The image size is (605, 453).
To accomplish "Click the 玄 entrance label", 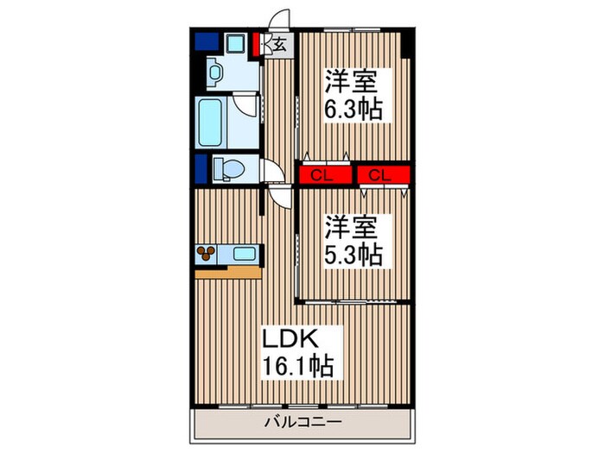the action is pos(280,46).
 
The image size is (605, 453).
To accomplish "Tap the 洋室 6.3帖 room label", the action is pos(353,95).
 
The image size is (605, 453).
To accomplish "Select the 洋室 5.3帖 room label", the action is pos(353,240).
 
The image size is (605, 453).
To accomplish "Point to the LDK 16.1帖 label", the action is pos(297,353).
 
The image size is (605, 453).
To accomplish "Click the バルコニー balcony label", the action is pos(302,423).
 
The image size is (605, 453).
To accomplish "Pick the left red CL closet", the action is pos(325,175).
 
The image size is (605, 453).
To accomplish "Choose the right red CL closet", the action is pos(383,175).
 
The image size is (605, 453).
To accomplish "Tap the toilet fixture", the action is pos(229,169).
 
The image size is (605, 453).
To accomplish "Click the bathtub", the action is pos(210,123).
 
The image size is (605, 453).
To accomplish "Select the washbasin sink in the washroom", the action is pos(214,72).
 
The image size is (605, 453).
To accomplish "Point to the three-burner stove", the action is pos(206,253).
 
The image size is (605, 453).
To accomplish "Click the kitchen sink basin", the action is pos(245,254).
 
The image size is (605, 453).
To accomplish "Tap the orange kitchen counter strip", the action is pos(228,273).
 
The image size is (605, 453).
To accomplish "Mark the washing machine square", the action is pos(236,42).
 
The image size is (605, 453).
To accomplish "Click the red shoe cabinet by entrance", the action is pos(256,44).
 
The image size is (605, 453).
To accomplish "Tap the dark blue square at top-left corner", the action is pos(207,41).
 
